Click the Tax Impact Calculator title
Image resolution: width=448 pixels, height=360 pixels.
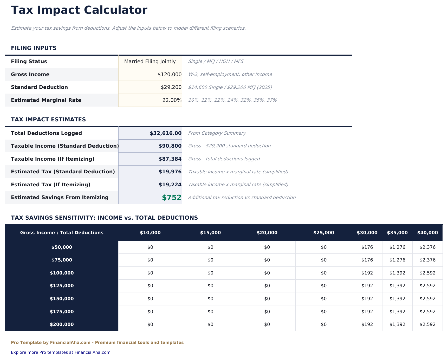coord(79,10)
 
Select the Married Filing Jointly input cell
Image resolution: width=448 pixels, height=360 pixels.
coord(150,62)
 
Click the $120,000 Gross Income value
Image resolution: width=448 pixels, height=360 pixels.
coord(169,75)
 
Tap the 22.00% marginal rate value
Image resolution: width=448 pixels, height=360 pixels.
coord(172,100)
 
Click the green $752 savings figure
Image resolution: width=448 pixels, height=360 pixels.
coord(171,198)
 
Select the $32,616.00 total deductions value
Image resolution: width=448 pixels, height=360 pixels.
coord(165,133)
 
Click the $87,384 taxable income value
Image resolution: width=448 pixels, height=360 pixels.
coord(170,159)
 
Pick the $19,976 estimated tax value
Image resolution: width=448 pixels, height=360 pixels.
coord(170,172)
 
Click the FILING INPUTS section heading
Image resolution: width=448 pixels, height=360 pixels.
coord(34,48)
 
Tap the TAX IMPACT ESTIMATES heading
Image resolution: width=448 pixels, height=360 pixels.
coord(48,120)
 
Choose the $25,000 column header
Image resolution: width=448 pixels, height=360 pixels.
coord(323,233)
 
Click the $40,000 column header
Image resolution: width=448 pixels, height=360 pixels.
coord(427,233)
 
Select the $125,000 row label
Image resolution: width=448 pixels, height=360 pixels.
coord(62,286)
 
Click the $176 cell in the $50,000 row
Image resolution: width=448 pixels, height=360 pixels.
coord(367,247)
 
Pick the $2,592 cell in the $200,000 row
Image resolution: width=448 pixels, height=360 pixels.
coord(427,325)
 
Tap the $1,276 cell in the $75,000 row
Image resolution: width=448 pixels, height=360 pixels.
coord(397,260)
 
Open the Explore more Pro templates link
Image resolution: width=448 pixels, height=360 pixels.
coord(61,352)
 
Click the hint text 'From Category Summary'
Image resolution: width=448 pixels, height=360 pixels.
coord(217,133)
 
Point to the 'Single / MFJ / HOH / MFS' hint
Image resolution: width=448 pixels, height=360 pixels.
coord(216,62)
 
